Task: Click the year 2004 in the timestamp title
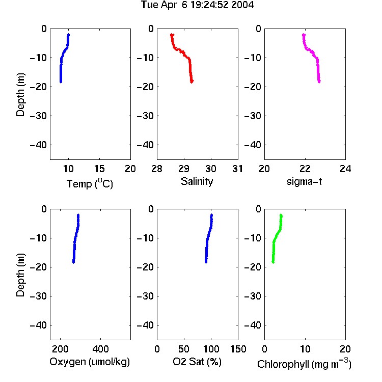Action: click(x=242, y=5)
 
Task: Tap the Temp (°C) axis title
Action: click(x=90, y=183)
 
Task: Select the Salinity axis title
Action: click(x=197, y=181)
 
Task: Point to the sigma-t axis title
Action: click(x=304, y=181)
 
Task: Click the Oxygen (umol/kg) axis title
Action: click(x=90, y=362)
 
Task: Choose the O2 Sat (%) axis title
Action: click(x=197, y=362)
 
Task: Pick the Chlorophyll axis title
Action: click(x=304, y=364)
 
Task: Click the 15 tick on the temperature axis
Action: click(x=99, y=169)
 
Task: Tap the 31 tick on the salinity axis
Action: click(x=237, y=169)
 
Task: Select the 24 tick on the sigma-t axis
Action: click(x=345, y=169)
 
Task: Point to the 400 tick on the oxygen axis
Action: click(x=101, y=349)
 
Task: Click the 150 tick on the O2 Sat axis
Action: click(x=238, y=349)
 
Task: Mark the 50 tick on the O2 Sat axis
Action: click(x=184, y=349)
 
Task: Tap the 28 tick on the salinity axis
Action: click(x=157, y=169)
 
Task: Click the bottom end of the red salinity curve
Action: click(x=192, y=81)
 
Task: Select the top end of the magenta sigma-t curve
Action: click(x=304, y=35)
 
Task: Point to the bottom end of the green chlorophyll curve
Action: click(x=273, y=262)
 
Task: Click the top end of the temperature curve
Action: click(x=68, y=35)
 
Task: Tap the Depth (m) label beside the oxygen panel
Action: click(x=20, y=275)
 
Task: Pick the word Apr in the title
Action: click(x=168, y=5)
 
